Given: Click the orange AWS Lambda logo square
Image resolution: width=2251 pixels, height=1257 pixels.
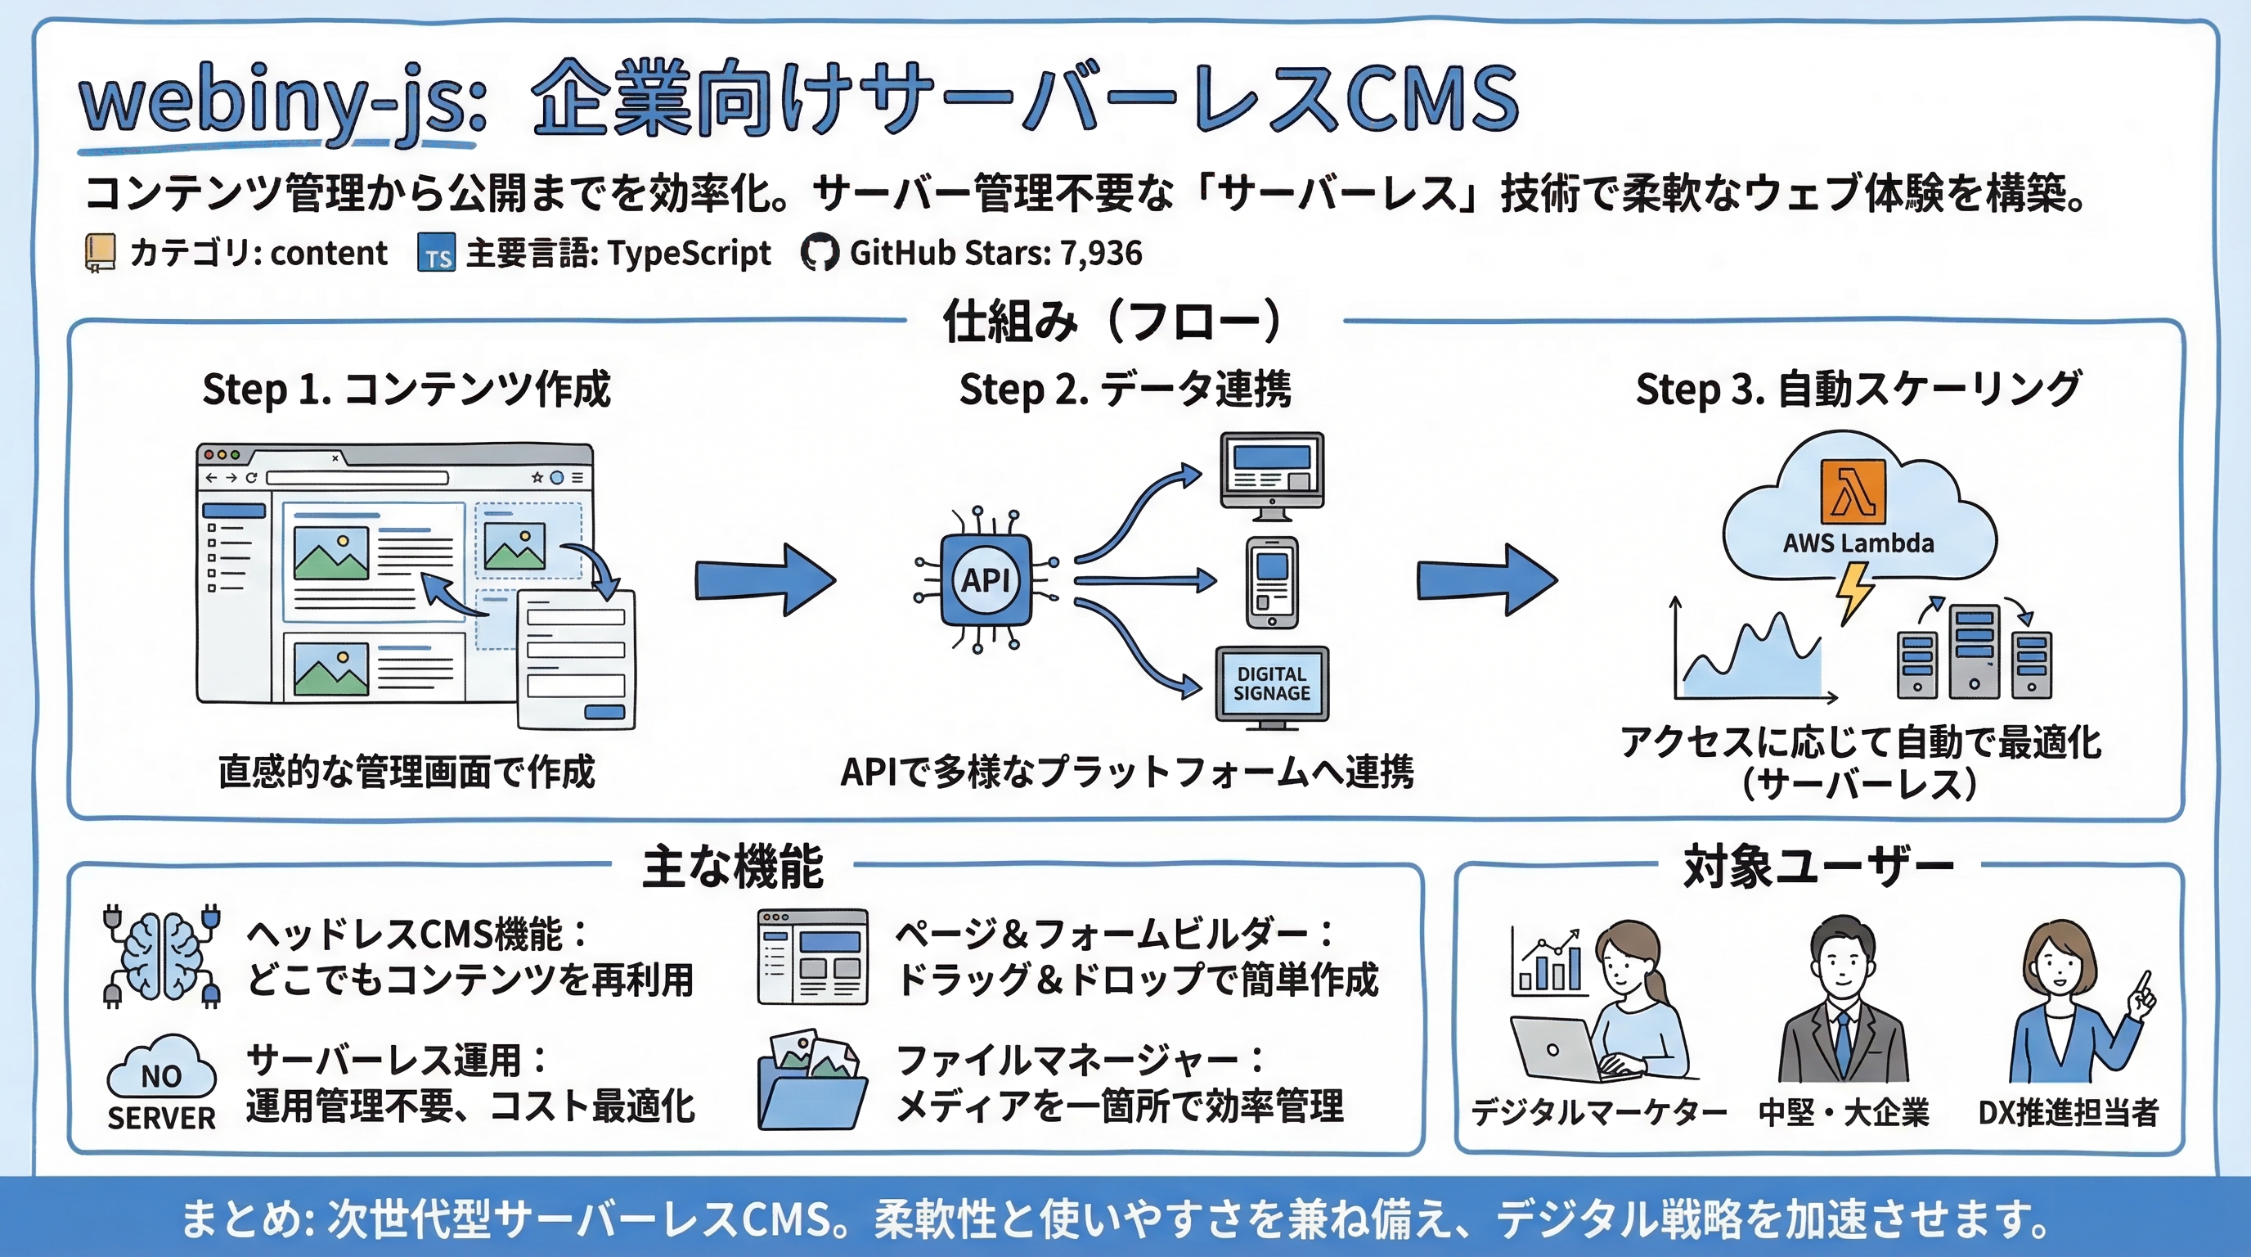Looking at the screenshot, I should coord(1853,491).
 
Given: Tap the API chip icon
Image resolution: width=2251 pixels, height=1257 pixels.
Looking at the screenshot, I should coord(986,579).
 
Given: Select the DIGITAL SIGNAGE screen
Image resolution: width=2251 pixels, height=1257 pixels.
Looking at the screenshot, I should coord(1271,684).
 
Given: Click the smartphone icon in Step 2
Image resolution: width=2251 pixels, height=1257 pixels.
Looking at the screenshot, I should coord(1271,582).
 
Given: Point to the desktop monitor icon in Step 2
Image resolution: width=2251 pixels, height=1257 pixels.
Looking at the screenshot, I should coord(1271,471).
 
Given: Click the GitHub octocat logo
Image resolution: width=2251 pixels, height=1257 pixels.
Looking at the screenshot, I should coord(819,254).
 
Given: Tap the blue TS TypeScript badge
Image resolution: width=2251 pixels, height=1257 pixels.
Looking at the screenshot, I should coord(436,254).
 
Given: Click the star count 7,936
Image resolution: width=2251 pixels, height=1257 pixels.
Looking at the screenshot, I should coord(1100,254).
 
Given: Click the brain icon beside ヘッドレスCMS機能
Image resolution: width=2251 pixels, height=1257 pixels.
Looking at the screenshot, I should coord(162,955).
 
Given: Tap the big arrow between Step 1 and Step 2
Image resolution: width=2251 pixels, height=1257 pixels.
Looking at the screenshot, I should coord(765,580).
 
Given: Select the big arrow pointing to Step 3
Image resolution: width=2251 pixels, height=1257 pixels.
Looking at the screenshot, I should coord(1485,580).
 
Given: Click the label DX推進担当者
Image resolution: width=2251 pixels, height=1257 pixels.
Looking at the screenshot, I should coord(2068,1113).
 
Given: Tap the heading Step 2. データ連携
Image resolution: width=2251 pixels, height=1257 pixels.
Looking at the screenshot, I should coord(1125,389).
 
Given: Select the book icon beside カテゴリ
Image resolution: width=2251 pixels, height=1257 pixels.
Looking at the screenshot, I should coord(100,254).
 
